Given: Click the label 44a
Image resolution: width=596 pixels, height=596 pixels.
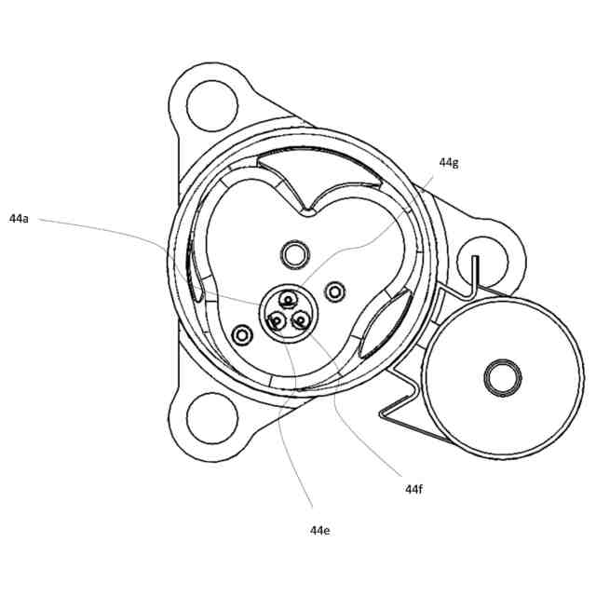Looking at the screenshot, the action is click(19, 219).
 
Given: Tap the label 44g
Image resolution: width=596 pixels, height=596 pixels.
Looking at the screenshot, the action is click(449, 162).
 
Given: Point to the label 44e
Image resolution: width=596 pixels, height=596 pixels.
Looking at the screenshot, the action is click(320, 530).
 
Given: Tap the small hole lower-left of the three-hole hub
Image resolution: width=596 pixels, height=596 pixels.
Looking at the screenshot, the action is click(244, 332).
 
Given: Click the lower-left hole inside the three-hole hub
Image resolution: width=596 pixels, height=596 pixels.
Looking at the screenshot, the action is click(277, 321).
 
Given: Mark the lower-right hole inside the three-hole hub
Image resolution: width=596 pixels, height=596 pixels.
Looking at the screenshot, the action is click(302, 320).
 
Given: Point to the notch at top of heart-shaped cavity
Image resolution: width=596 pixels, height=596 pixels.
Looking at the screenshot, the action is click(305, 212).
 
